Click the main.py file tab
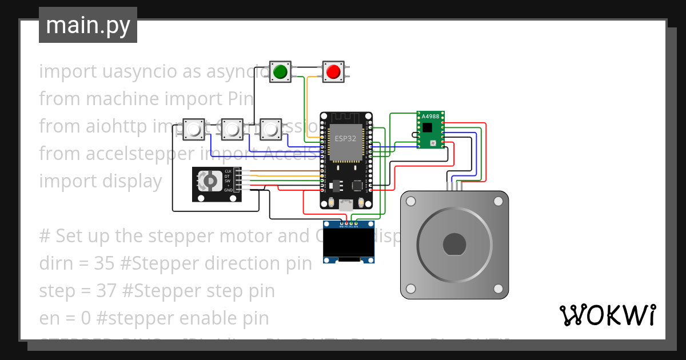click(87, 25)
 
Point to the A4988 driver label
click(430, 116)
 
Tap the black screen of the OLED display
click(349, 242)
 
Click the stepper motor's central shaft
click(454, 245)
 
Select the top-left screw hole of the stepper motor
click(410, 201)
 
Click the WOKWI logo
click(607, 315)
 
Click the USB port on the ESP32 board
click(346, 204)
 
